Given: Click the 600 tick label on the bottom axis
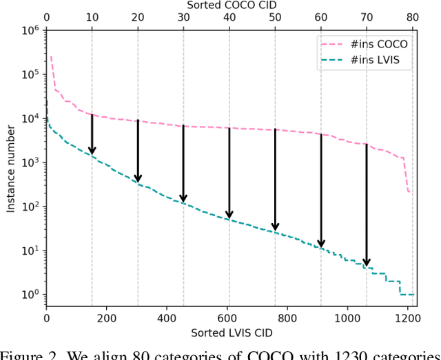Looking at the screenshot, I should coord(229,319).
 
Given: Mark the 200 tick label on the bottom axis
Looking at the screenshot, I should coord(107,319).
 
